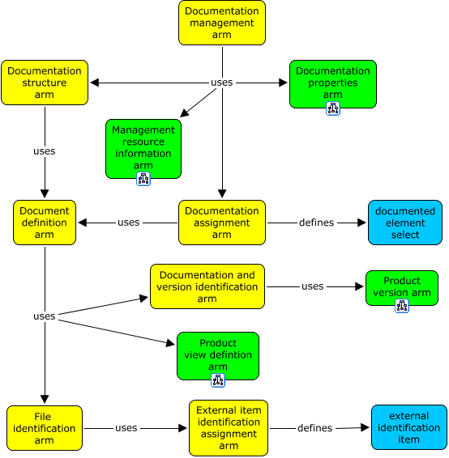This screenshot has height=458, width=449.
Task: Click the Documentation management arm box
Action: point(222,23)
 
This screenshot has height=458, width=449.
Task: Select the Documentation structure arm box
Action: point(45,83)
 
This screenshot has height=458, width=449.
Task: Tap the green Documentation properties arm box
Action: point(332,83)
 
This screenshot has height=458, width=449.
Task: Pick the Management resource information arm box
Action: point(143,147)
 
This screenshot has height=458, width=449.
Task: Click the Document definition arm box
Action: point(45,223)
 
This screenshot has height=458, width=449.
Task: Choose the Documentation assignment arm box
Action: point(222,223)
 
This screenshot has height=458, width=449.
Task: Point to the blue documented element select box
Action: point(405,223)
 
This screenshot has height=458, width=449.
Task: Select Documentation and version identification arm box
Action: point(207,286)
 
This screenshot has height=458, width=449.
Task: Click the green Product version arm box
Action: point(402,286)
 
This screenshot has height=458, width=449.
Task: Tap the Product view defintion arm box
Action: point(218,354)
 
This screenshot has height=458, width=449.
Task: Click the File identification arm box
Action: point(45,428)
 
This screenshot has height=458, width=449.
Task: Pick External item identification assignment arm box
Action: point(229,428)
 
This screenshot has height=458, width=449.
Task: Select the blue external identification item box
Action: point(409,428)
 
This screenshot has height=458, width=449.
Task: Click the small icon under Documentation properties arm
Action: point(332,108)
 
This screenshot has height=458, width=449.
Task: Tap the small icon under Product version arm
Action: point(402,305)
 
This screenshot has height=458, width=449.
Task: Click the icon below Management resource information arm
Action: point(143,179)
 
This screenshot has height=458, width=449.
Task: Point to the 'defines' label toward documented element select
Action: point(316,223)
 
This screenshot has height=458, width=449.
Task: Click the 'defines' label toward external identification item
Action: point(314,428)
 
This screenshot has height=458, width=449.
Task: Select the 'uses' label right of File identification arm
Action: point(126,428)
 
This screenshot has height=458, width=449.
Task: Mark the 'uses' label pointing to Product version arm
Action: point(313,286)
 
